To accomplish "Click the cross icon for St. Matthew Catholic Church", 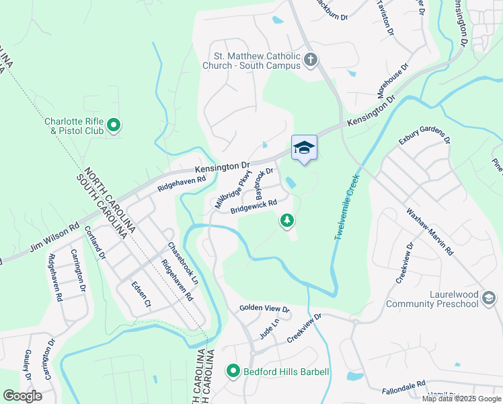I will [310, 60].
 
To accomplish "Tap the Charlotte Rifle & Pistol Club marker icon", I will [114, 124].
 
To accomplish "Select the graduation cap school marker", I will [304, 147].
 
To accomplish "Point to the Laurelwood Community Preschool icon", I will [489, 298].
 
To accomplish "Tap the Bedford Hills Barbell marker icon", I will [233, 371].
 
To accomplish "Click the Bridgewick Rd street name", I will [254, 206].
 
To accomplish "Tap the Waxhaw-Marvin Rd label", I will [430, 230].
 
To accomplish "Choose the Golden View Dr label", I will [264, 309].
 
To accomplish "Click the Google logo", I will [23, 396].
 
